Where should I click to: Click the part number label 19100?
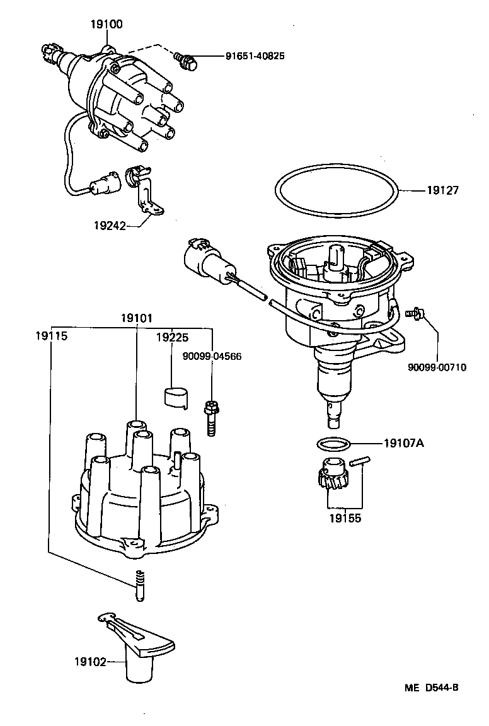tap(106, 25)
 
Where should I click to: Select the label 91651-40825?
tap(255, 56)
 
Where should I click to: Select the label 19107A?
tap(403, 443)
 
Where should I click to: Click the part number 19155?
tap(343, 521)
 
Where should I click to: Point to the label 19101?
tap(136, 319)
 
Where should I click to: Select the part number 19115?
tap(51, 337)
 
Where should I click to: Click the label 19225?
tap(171, 337)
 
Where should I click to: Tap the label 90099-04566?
tap(212, 357)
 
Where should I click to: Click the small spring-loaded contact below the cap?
tap(141, 584)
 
